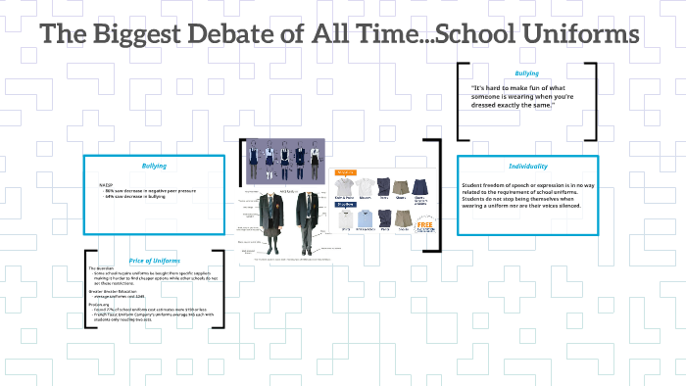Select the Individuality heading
(527, 167)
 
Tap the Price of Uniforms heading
(155, 260)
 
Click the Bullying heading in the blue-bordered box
(154, 166)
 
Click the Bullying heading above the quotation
(526, 73)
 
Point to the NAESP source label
(107, 184)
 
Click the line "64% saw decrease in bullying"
(137, 196)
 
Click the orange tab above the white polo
(345, 170)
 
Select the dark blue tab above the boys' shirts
(345, 205)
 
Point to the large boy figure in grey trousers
(309, 220)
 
